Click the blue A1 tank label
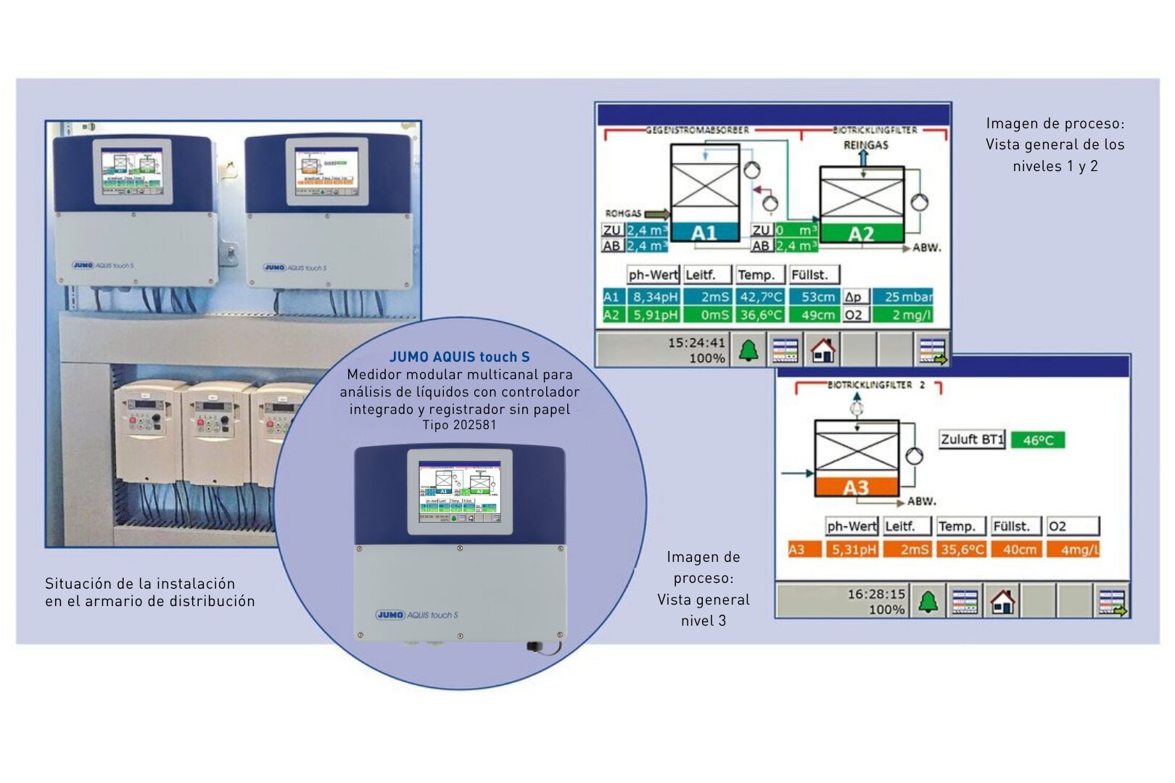tap(704, 233)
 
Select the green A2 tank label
tap(861, 234)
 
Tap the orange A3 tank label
tap(856, 487)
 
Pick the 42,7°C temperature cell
tap(761, 297)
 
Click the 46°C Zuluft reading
tap(1038, 440)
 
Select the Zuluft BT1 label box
tap(972, 439)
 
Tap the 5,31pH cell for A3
tap(854, 550)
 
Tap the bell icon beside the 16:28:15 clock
tap(928, 602)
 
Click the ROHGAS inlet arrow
tap(657, 214)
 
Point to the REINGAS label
tap(865, 145)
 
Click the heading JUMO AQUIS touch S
tap(459, 357)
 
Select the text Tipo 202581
tap(459, 425)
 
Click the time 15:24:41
tap(696, 342)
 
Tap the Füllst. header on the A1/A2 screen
tap(810, 275)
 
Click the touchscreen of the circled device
tap(460, 492)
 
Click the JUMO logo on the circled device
tap(391, 615)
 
